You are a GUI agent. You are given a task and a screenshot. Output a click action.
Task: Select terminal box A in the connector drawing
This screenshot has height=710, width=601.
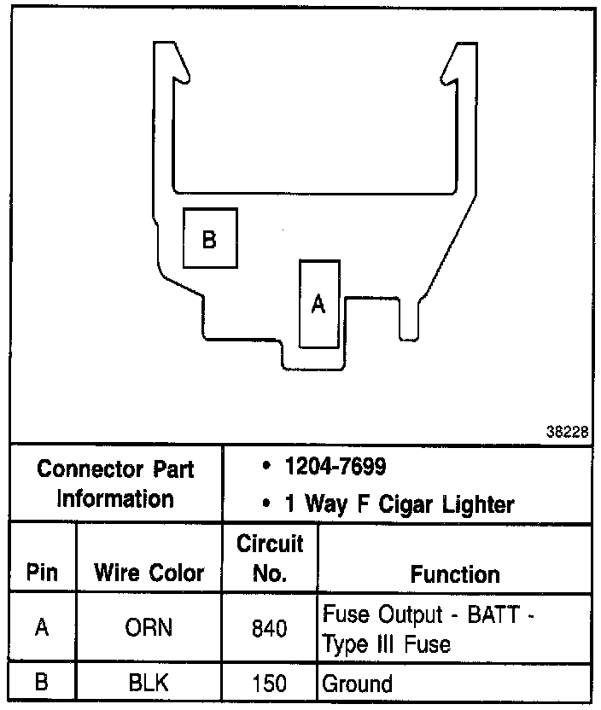point(319,304)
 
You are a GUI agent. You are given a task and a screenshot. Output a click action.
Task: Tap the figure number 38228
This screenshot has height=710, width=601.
point(568,432)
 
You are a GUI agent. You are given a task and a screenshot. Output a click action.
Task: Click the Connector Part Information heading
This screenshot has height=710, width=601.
point(116,483)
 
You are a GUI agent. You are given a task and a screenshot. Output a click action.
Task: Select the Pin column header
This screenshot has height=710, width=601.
point(42,573)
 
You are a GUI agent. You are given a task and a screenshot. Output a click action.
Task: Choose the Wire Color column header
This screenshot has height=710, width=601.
point(149,573)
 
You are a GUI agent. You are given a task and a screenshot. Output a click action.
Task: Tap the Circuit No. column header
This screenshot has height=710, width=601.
point(270,558)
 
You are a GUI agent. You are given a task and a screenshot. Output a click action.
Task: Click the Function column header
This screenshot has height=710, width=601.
point(455,573)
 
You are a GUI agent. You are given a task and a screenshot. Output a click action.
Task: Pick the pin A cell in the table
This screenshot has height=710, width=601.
point(42,628)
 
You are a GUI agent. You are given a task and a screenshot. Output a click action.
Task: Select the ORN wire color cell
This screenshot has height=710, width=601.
point(149,628)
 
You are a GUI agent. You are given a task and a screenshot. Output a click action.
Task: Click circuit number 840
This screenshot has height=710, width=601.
point(270,629)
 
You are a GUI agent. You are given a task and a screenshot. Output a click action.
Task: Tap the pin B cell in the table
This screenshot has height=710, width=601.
point(42,683)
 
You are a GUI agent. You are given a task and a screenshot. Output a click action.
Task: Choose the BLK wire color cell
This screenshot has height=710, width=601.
point(149,683)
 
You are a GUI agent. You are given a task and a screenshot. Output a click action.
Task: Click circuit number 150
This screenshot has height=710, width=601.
point(270,683)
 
